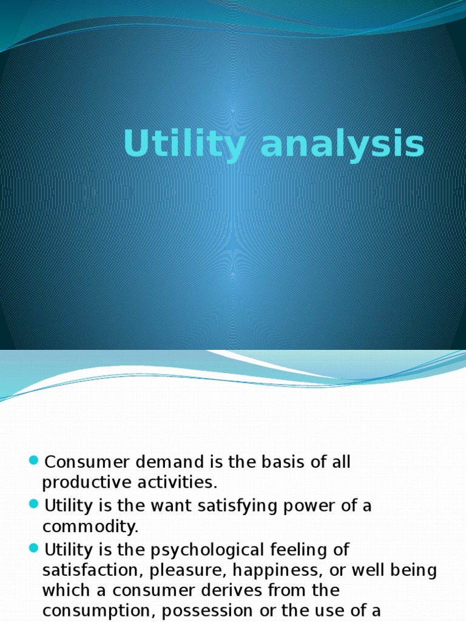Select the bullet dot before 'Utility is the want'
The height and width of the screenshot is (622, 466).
tap(34, 504)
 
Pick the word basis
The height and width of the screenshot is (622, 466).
tap(283, 462)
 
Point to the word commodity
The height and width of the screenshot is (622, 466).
tap(90, 527)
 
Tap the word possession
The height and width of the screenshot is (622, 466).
tap(203, 612)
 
